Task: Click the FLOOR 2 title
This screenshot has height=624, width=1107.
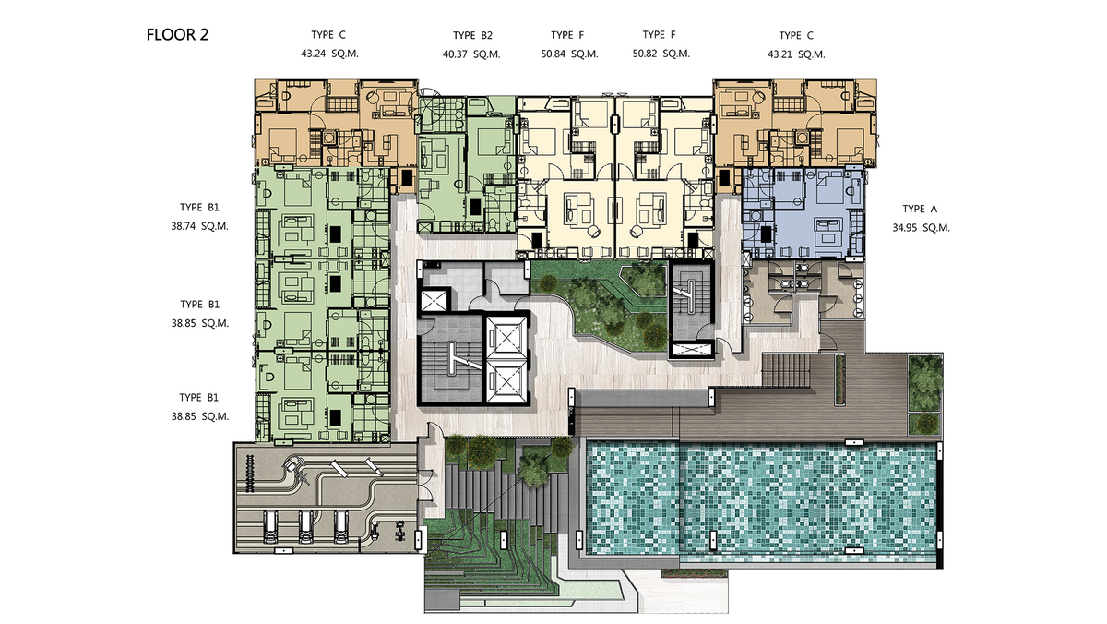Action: [x=177, y=34]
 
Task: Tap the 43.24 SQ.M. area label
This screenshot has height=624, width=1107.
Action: [x=329, y=54]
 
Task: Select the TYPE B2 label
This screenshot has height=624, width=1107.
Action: [x=472, y=35]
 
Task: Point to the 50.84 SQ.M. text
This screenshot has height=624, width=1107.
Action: [x=569, y=54]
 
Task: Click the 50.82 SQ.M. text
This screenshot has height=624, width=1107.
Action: [x=661, y=54]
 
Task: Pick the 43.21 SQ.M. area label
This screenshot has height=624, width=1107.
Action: [x=796, y=54]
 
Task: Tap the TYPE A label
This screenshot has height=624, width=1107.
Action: [x=920, y=210]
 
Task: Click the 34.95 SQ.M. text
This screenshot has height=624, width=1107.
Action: [x=922, y=228]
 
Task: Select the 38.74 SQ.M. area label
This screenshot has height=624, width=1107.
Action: [x=199, y=226]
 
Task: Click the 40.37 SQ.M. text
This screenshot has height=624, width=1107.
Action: [x=471, y=54]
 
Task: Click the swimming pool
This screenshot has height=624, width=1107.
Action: [x=761, y=499]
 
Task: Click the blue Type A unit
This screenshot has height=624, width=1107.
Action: [x=803, y=212]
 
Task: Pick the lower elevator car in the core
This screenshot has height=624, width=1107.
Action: [x=506, y=382]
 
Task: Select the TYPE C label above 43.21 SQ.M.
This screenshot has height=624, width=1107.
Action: [x=796, y=36]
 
